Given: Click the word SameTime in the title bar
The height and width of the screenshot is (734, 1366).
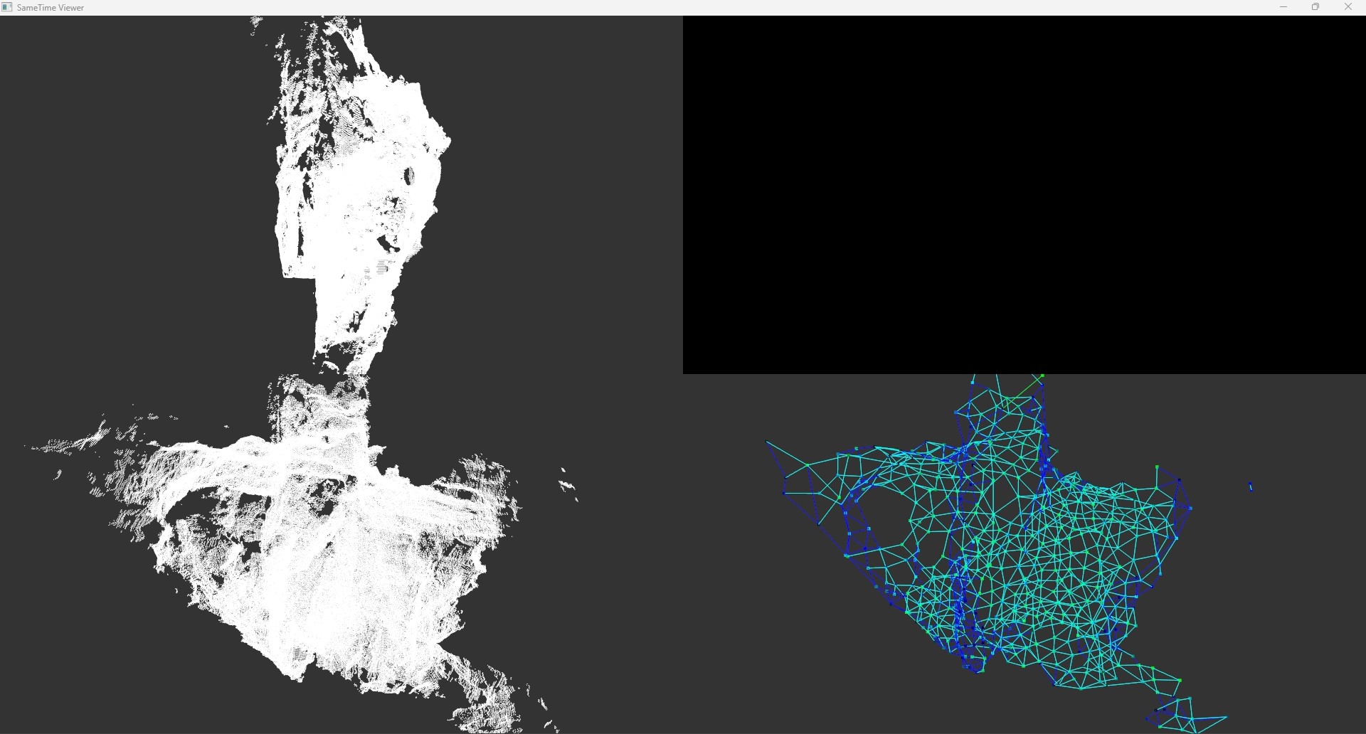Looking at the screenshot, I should pyautogui.click(x=36, y=8).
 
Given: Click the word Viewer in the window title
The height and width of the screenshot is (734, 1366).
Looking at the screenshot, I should pyautogui.click(x=70, y=8).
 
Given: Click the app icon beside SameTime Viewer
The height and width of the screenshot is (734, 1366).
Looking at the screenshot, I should pyautogui.click(x=7, y=8).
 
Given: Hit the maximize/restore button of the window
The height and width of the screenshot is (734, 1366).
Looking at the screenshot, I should pyautogui.click(x=1315, y=7).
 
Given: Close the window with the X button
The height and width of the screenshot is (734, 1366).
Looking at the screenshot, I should pyautogui.click(x=1348, y=7).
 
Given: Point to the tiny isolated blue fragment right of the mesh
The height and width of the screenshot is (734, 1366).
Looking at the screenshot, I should pyautogui.click(x=1251, y=487).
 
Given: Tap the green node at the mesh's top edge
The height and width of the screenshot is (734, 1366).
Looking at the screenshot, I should pyautogui.click(x=1042, y=376).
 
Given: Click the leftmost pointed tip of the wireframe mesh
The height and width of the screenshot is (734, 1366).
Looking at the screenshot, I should pyautogui.click(x=767, y=442).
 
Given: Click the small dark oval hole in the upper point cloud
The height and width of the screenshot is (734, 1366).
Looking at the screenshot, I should pyautogui.click(x=410, y=175).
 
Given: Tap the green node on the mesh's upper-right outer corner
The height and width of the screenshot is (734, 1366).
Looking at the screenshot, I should pyautogui.click(x=1158, y=467).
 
